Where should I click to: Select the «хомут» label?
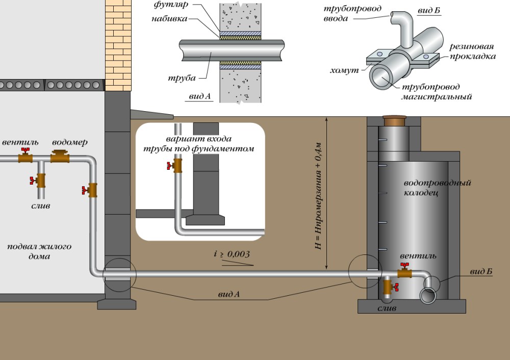[346, 67]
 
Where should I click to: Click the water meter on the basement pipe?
[60, 156]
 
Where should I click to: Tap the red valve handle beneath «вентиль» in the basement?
[24, 151]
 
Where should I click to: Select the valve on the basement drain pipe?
[40, 181]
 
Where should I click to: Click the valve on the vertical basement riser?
[92, 190]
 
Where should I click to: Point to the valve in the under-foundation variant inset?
[176, 165]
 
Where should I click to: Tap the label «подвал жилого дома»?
[39, 251]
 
